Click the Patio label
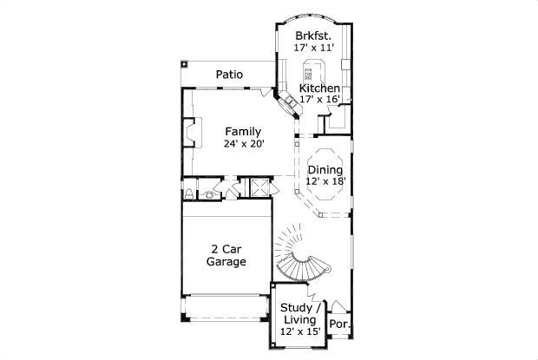[229, 75]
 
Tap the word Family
[244, 132]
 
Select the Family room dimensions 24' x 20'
[244, 144]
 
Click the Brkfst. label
[312, 36]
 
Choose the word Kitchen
[319, 88]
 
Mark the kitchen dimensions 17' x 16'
[319, 100]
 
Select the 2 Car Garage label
[227, 254]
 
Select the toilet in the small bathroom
[189, 193]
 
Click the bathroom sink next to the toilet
[209, 196]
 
